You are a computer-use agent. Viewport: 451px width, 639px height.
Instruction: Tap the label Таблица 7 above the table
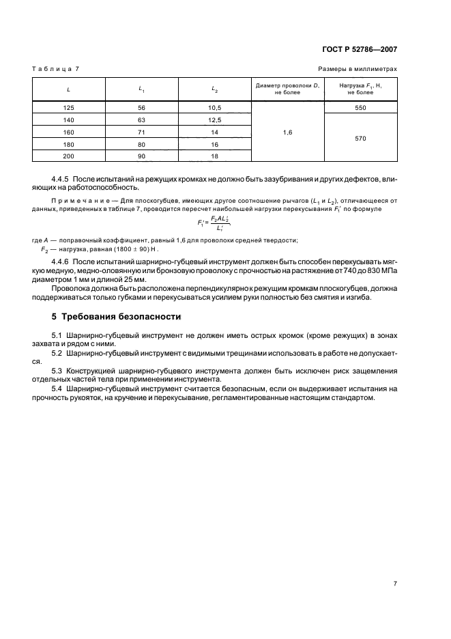click(x=57, y=70)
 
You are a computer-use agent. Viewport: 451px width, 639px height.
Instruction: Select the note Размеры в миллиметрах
click(x=358, y=70)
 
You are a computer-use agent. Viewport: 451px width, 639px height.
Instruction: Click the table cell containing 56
click(x=141, y=107)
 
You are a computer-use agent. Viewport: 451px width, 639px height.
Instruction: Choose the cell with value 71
click(x=141, y=132)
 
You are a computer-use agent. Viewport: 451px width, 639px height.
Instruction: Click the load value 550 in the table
click(x=361, y=107)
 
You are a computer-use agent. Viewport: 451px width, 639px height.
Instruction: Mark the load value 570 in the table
click(x=361, y=138)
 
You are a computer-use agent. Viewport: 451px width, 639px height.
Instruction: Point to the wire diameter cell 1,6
click(x=287, y=132)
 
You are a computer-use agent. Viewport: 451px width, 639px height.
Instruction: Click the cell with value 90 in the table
click(x=141, y=156)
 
